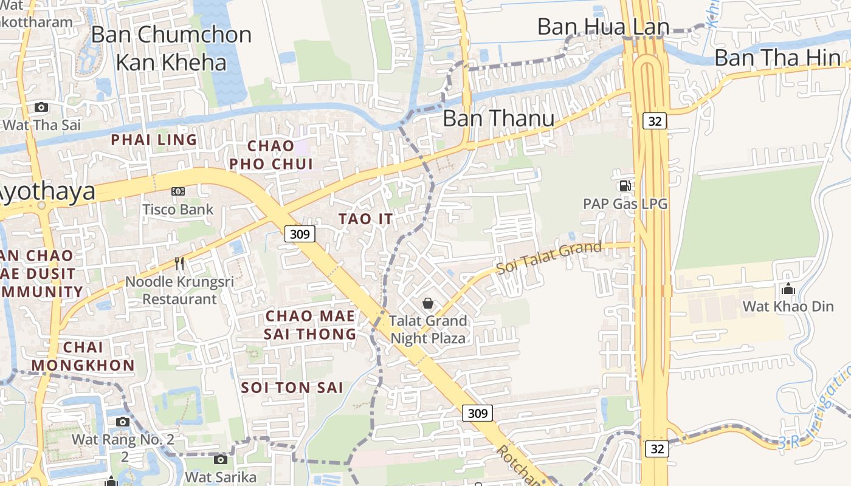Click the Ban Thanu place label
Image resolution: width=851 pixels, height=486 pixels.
(498, 118)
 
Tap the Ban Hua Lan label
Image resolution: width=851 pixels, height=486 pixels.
(603, 27)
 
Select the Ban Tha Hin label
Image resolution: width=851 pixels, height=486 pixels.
(777, 58)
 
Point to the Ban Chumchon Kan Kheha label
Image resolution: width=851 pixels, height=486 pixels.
(171, 48)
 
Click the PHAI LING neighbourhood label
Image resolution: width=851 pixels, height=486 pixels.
(154, 140)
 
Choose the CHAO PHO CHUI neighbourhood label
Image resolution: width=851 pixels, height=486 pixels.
(271, 155)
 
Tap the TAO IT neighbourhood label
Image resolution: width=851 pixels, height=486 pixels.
(365, 219)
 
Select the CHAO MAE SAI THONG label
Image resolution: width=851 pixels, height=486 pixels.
(310, 325)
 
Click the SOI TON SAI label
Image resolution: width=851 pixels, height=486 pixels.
(292, 388)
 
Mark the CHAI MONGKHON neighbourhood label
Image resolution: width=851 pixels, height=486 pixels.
(83, 357)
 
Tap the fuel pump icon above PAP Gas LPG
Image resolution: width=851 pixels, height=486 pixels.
(624, 186)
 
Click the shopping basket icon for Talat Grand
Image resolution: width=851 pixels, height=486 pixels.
(428, 303)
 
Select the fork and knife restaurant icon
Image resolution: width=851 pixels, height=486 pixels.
(179, 264)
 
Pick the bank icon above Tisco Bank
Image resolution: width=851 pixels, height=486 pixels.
(178, 191)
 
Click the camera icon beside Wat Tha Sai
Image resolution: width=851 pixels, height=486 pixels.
(41, 108)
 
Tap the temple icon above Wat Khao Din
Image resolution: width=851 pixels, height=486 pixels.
(788, 289)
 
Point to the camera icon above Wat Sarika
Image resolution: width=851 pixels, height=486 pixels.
(221, 460)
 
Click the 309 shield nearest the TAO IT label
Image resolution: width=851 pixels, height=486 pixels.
(300, 234)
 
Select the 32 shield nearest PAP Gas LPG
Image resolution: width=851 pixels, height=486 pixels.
(655, 121)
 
